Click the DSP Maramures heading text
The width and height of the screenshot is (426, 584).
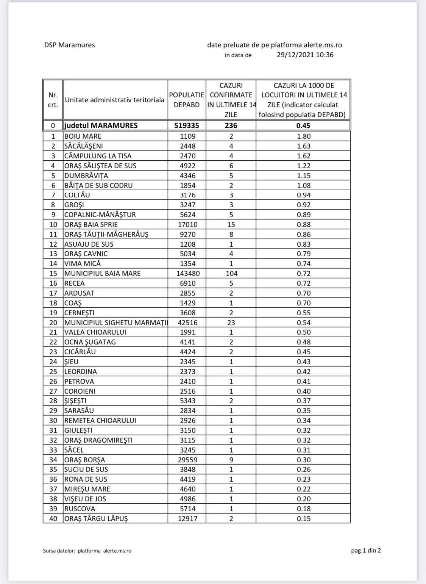[x=69, y=45]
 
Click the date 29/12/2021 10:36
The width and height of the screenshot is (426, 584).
[x=305, y=55]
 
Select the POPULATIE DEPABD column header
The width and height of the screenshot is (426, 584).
[x=187, y=100]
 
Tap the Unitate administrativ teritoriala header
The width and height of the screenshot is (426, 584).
[x=115, y=100]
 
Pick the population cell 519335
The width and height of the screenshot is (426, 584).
[x=187, y=125]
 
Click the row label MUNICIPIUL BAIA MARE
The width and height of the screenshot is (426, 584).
[x=102, y=273]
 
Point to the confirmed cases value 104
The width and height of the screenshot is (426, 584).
[x=231, y=273]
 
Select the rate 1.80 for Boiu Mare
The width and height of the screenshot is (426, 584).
[x=303, y=136]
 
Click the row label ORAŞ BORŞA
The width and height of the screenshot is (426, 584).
[x=84, y=460]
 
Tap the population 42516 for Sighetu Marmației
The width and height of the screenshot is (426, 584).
[x=187, y=323]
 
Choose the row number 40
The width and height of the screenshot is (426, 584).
[x=53, y=518]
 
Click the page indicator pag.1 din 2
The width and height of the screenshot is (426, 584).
[x=366, y=550]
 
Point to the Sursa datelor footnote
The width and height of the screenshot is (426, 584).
[x=87, y=551]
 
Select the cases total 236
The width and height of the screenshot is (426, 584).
[x=231, y=125]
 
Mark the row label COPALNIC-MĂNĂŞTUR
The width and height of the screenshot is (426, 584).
[x=100, y=214]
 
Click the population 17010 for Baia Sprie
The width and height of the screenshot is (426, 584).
[x=187, y=224]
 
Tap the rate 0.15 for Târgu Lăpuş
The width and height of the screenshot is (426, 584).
[x=303, y=518]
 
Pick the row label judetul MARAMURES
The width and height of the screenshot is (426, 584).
[x=101, y=125]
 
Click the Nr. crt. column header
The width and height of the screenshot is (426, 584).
[x=53, y=100]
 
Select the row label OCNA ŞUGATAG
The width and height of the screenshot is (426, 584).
[x=90, y=342]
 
